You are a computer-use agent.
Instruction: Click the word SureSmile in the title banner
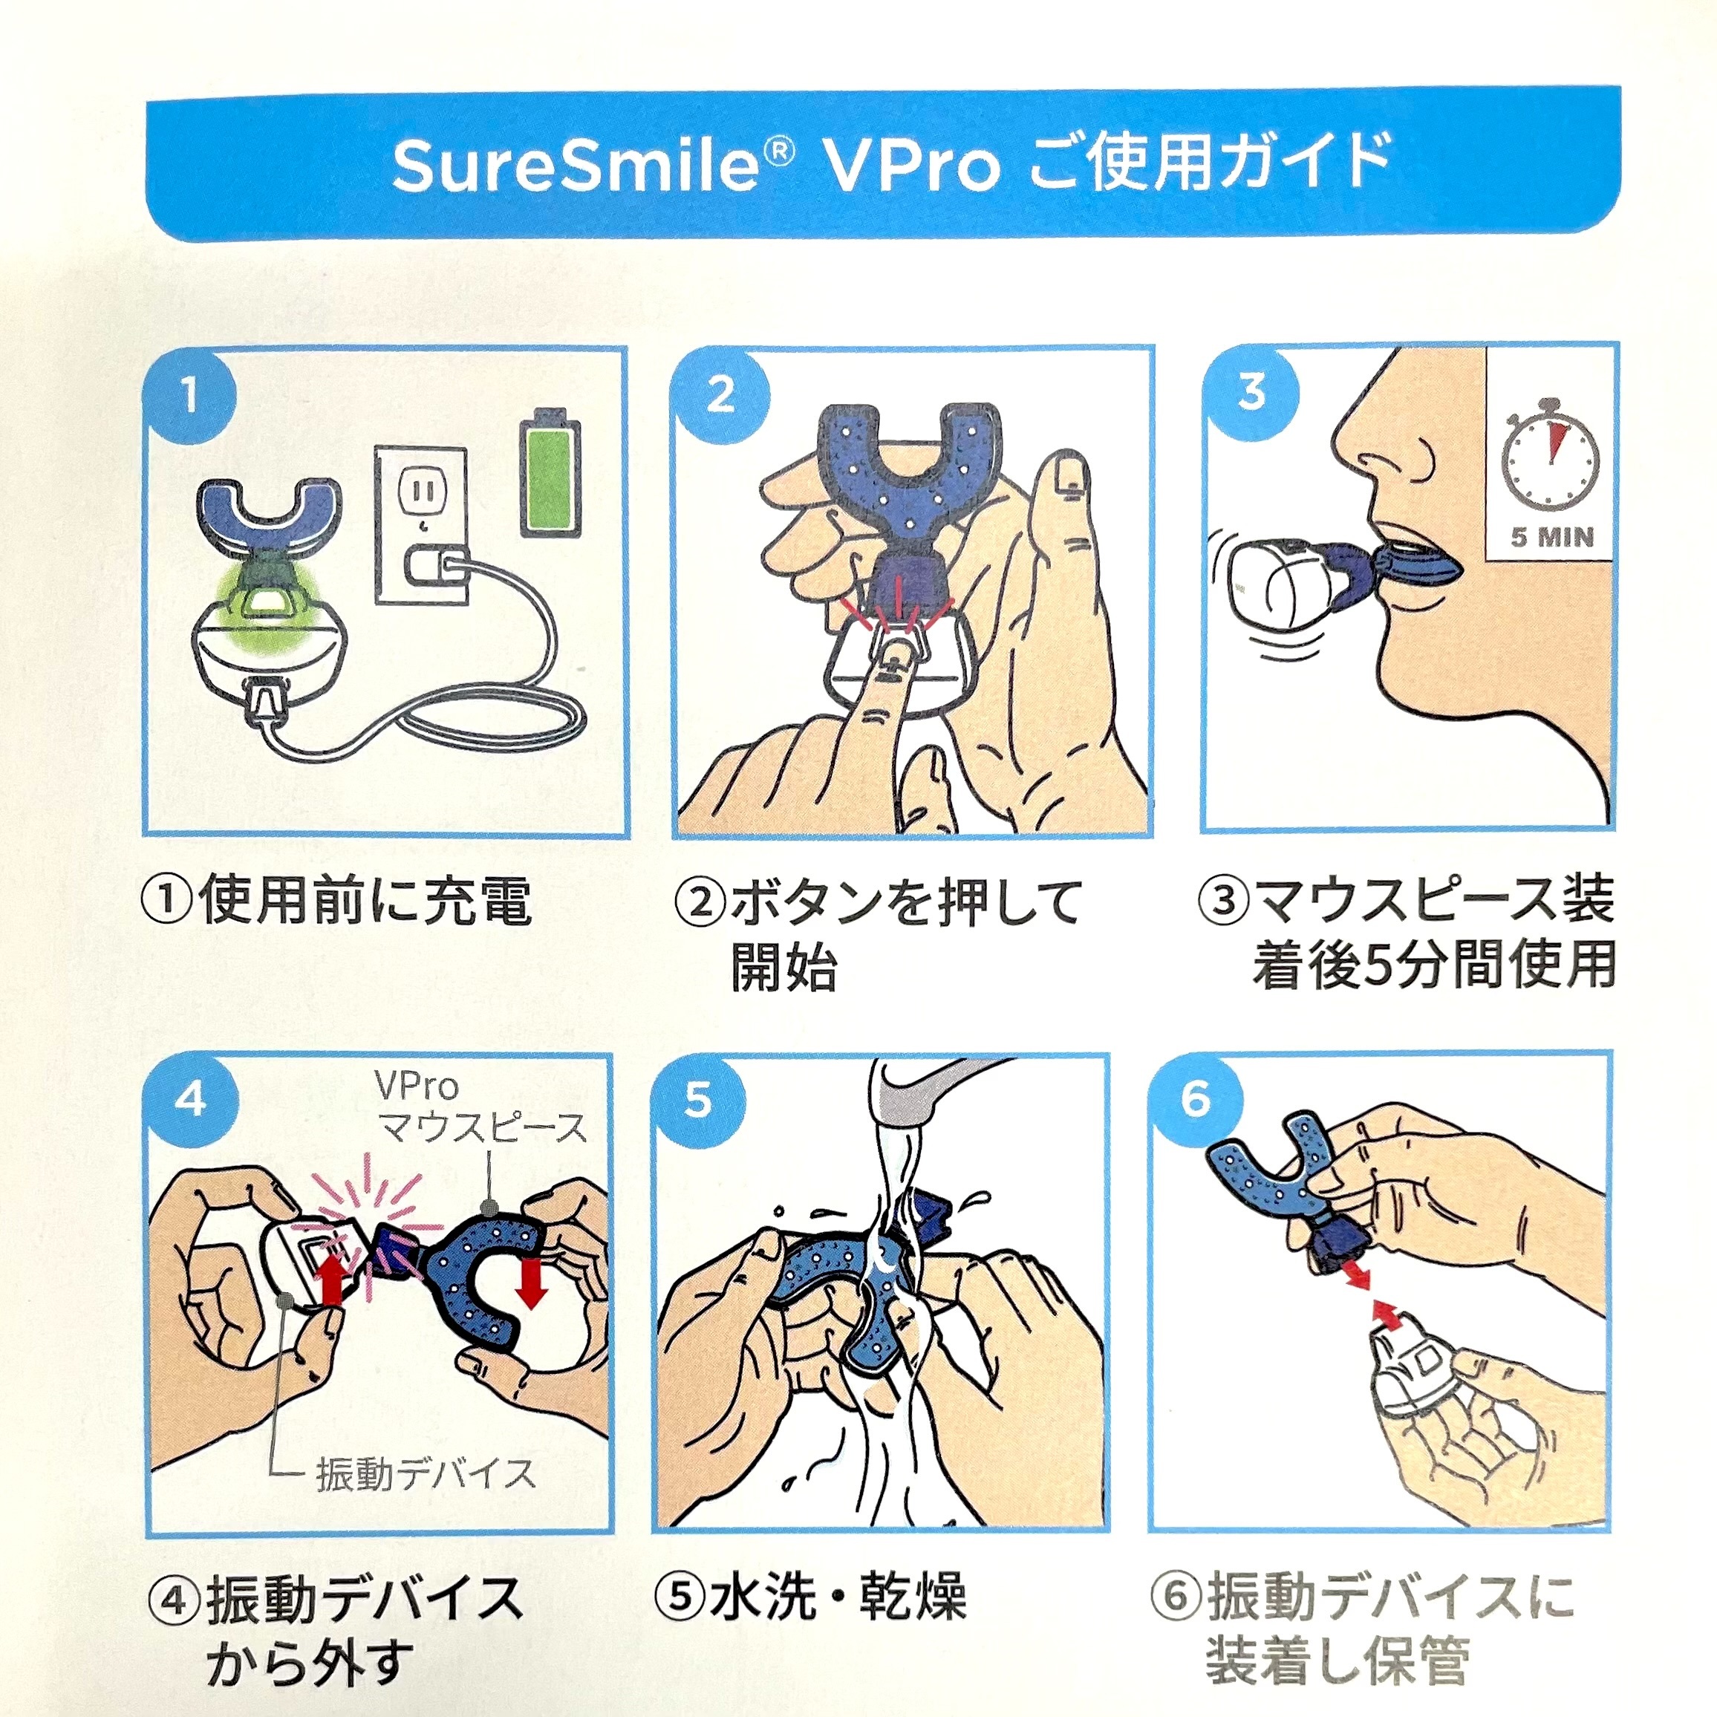[x=575, y=166]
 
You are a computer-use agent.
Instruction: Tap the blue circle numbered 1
[x=189, y=394]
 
